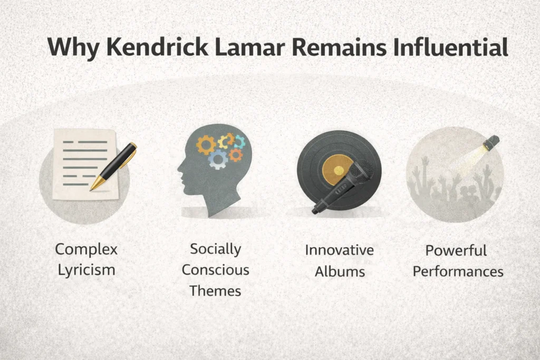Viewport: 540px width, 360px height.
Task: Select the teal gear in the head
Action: pyautogui.click(x=239, y=141)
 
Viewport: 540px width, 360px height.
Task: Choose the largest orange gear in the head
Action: pyautogui.click(x=206, y=144)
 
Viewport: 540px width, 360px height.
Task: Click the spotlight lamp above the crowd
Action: pyautogui.click(x=491, y=142)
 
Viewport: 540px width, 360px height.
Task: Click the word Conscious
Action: pyautogui.click(x=215, y=270)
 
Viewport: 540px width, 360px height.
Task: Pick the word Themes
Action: pyautogui.click(x=215, y=290)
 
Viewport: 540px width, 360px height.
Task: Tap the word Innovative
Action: pyautogui.click(x=339, y=250)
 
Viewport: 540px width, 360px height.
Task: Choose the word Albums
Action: pyautogui.click(x=339, y=271)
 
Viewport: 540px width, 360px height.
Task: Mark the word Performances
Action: pyautogui.click(x=458, y=272)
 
